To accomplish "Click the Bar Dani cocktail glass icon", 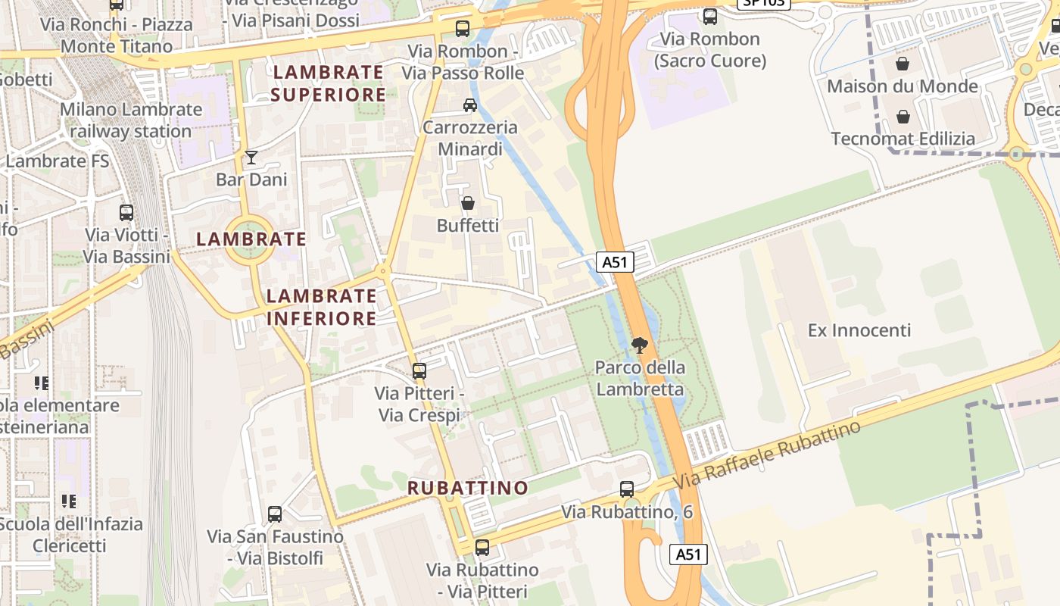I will (251, 158).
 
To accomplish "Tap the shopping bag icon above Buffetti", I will (468, 203).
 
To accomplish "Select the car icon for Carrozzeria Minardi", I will (470, 105).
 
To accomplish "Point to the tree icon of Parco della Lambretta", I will (640, 345).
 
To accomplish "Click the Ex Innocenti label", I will (859, 330).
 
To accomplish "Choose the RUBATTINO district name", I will (468, 488).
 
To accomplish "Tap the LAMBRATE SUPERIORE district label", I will (329, 83).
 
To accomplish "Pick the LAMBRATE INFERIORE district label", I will (322, 307).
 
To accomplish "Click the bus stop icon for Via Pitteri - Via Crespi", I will (419, 371).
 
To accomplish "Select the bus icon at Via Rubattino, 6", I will (627, 489).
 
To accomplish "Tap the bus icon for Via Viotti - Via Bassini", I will (126, 213).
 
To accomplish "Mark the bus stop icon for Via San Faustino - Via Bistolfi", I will (275, 514).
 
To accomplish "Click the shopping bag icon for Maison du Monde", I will (903, 64).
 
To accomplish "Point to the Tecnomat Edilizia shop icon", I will (903, 117).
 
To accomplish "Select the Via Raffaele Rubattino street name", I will (767, 454).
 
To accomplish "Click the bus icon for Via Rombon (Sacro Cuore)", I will (710, 16).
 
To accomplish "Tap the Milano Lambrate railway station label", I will (131, 120).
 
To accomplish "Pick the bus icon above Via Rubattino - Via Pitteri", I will (482, 547).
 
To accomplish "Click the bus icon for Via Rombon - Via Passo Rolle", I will (463, 29).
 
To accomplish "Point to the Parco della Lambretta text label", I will (640, 378).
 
